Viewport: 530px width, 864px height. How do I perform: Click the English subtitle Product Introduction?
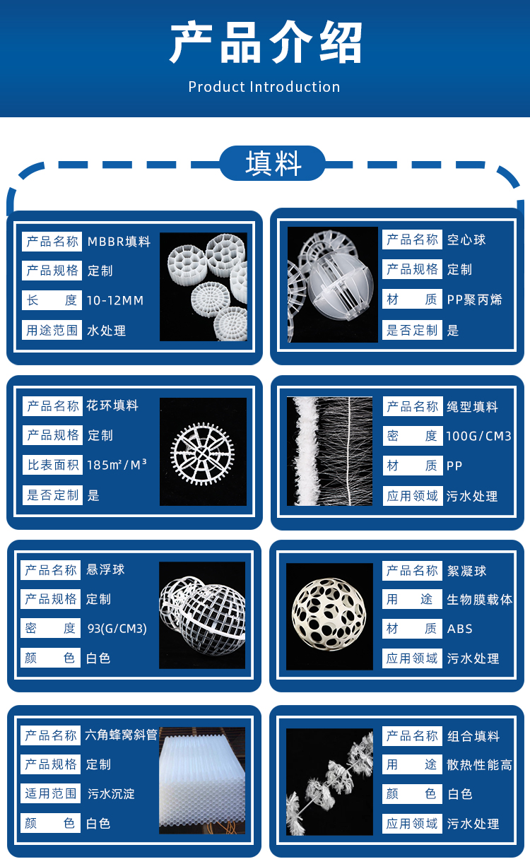pos(264,87)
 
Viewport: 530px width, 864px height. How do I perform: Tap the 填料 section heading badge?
pos(272,163)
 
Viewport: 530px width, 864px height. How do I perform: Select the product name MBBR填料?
pos(119,242)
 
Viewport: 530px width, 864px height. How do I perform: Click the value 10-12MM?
pos(115,300)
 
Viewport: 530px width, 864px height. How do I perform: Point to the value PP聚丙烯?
pos(474,300)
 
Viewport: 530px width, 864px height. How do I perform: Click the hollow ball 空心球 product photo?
pos(333,285)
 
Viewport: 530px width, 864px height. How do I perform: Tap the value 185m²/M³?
pos(117,464)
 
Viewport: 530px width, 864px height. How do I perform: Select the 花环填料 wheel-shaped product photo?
pos(203,451)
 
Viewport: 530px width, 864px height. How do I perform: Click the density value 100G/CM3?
pos(478,437)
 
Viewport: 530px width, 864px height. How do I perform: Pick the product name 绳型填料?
pos(472,407)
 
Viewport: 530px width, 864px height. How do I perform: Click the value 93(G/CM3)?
pos(117,629)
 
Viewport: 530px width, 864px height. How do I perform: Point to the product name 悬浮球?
pos(105,569)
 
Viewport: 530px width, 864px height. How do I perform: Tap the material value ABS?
pos(459,629)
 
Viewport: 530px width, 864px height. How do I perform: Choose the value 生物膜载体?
pos(479,599)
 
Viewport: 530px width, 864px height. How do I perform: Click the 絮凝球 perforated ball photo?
pos(329,616)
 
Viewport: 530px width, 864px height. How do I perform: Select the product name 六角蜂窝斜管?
pos(121,735)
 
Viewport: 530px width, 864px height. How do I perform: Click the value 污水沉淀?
pos(111,794)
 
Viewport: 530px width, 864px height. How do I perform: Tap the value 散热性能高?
pos(479,765)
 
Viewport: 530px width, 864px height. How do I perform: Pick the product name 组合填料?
pos(473,736)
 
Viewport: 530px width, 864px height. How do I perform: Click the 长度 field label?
pos(52,300)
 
